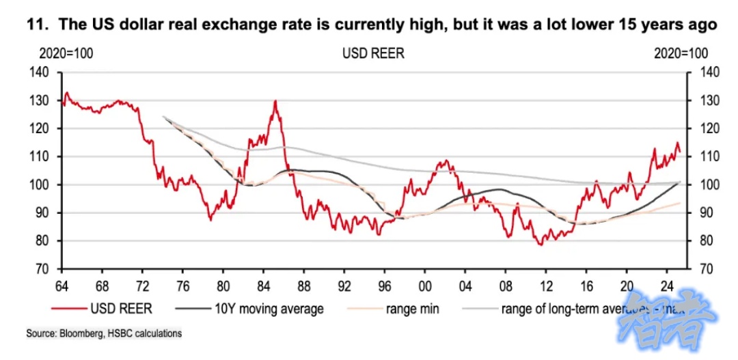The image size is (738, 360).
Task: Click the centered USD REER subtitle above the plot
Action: click(373, 54)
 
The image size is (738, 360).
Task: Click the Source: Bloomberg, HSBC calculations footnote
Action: click(104, 333)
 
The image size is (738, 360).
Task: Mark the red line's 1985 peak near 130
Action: click(275, 102)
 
